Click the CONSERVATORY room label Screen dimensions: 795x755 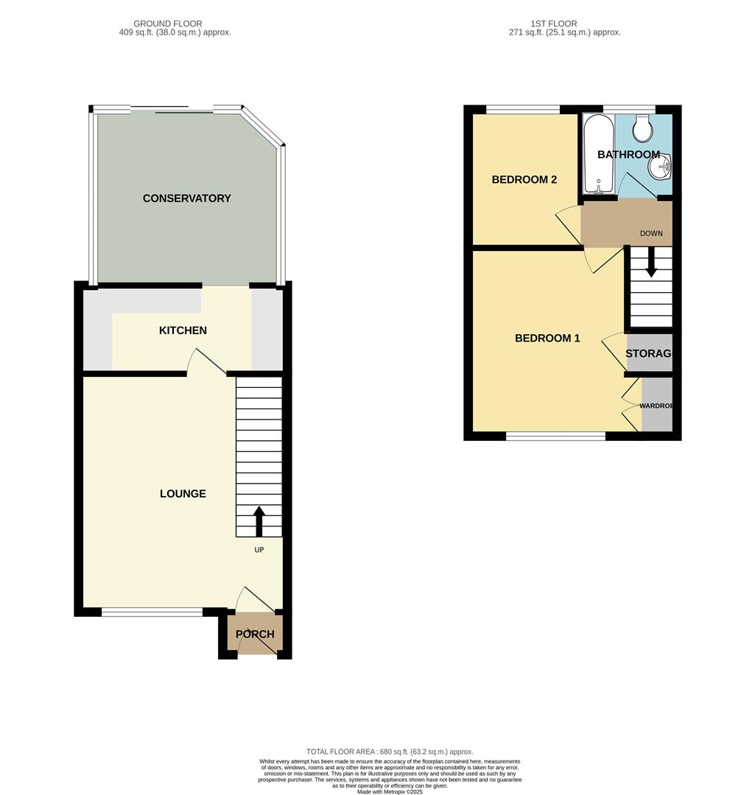tap(186, 198)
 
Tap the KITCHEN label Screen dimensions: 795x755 tap(183, 331)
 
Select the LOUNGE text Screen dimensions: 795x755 tap(183, 494)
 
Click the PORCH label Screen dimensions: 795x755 tap(255, 635)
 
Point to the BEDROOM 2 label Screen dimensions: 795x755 tap(524, 180)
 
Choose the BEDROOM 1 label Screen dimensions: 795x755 tap(547, 339)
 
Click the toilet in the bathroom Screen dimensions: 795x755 tap(643, 129)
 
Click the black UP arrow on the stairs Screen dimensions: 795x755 tap(259, 520)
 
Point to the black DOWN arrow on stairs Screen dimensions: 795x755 tap(651, 264)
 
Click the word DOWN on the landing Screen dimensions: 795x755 tap(651, 233)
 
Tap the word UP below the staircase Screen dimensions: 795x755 tap(259, 550)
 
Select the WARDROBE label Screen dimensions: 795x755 tap(656, 406)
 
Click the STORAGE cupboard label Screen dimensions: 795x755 tap(648, 354)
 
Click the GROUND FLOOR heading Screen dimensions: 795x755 tap(168, 24)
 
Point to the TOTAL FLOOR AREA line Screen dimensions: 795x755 tap(390, 752)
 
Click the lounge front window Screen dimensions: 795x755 tap(152, 612)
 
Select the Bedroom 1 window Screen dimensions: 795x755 tap(555, 437)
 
